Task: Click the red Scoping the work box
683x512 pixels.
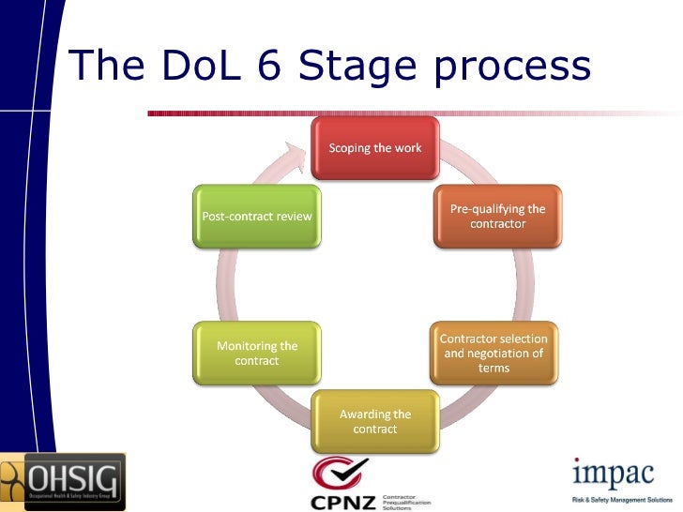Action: pyautogui.click(x=374, y=148)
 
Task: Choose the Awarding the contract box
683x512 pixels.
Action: pyautogui.click(x=374, y=421)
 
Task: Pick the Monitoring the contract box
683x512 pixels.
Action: pyautogui.click(x=256, y=353)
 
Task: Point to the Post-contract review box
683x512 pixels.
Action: pyautogui.click(x=256, y=217)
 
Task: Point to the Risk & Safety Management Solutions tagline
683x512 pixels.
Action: pyautogui.click(x=621, y=499)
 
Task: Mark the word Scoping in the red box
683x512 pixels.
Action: pyautogui.click(x=352, y=148)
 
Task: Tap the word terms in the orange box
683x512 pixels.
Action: pyautogui.click(x=493, y=368)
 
